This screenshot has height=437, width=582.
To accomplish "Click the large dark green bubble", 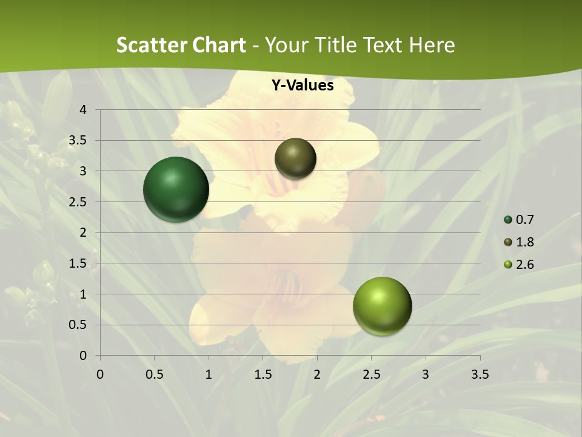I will pyautogui.click(x=176, y=189).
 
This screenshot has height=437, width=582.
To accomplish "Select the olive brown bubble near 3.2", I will pyautogui.click(x=295, y=158).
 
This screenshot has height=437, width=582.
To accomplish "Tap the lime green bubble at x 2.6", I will pyautogui.click(x=382, y=306).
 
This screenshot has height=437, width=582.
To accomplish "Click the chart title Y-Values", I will pyautogui.click(x=303, y=86).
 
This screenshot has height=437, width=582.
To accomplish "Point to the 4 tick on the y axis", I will pyautogui.click(x=83, y=110).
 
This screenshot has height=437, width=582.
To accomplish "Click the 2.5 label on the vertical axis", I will pyautogui.click(x=78, y=202).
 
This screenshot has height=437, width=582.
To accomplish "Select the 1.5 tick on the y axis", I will pyautogui.click(x=78, y=263).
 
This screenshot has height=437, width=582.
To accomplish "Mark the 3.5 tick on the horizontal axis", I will pyautogui.click(x=480, y=374).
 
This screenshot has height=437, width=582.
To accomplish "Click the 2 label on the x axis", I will pyautogui.click(x=317, y=374).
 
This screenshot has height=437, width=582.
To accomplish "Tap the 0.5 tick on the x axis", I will pyautogui.click(x=154, y=374).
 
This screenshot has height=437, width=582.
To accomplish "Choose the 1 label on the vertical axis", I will pyautogui.click(x=83, y=294).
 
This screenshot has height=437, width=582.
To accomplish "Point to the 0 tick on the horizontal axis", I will pyautogui.click(x=100, y=374).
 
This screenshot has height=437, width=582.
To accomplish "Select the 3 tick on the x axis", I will pyautogui.click(x=426, y=374).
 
